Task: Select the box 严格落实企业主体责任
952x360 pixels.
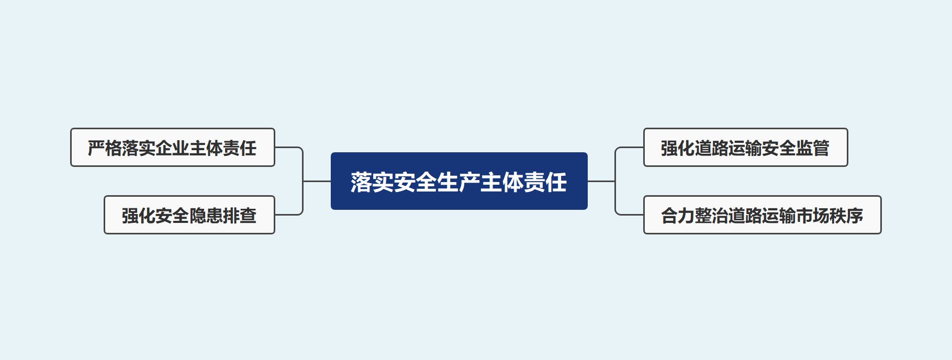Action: point(172,148)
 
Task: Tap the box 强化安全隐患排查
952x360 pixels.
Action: point(189,215)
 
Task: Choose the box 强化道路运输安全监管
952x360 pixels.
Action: point(745,148)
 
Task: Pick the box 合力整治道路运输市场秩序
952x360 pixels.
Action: point(762,215)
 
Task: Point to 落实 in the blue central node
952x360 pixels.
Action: point(372,182)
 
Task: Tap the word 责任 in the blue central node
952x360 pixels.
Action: point(545,182)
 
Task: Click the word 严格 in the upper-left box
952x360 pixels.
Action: point(105,148)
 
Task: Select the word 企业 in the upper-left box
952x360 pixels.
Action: point(172,148)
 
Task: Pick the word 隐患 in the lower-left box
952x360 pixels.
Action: point(206,216)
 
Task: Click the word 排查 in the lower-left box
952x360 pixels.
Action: point(240,216)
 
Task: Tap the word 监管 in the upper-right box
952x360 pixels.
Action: point(813,148)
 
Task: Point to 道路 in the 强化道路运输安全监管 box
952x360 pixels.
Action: point(711,148)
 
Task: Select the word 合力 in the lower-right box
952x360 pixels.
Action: point(678,216)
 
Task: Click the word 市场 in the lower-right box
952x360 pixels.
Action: point(813,216)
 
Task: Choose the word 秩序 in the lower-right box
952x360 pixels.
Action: point(846,216)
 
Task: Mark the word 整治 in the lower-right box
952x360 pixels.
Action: point(711,216)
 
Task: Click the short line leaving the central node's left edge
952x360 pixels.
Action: point(317,181)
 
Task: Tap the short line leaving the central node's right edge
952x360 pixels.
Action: point(601,181)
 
